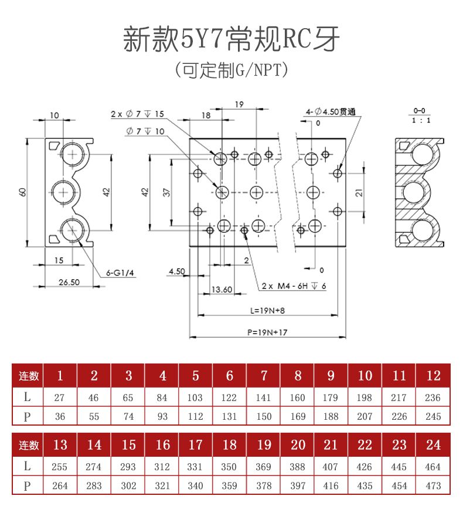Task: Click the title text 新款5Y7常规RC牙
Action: pyautogui.click(x=231, y=39)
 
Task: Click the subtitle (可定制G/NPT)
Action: pyautogui.click(x=231, y=71)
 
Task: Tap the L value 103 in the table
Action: pyautogui.click(x=195, y=398)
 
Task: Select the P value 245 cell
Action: pyautogui.click(x=433, y=416)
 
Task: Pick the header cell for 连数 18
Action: pyautogui.click(x=229, y=444)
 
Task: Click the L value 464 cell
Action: pyautogui.click(x=433, y=467)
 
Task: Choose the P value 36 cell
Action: pyautogui.click(x=59, y=416)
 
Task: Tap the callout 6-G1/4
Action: pyautogui.click(x=120, y=272)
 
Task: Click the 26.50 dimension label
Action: pyautogui.click(x=69, y=282)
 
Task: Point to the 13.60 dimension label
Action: pyautogui.click(x=221, y=289)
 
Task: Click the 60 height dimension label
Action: pyautogui.click(x=22, y=192)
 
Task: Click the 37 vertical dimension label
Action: pyautogui.click(x=166, y=192)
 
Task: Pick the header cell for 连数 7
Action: pyautogui.click(x=263, y=375)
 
